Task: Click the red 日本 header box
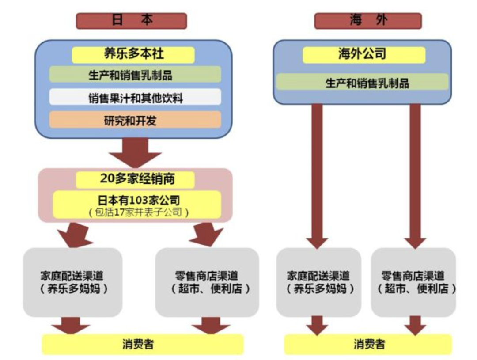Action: [x=131, y=21]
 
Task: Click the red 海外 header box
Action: [x=367, y=21]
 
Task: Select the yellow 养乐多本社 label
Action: [x=133, y=54]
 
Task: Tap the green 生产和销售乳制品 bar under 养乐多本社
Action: [x=135, y=75]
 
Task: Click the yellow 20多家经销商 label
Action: [x=135, y=179]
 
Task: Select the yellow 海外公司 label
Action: [x=363, y=54]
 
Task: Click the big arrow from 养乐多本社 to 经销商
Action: [x=135, y=152]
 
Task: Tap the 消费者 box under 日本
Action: [x=142, y=344]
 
